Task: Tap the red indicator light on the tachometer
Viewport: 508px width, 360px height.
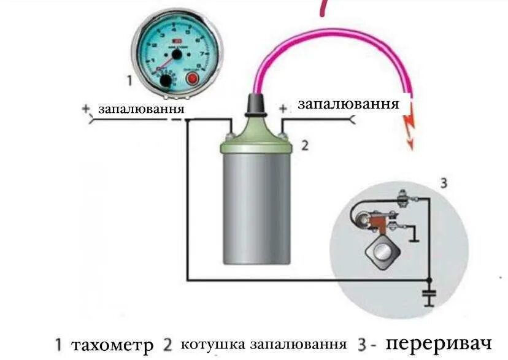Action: [192, 79]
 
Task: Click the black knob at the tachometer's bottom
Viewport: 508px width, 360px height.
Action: [166, 82]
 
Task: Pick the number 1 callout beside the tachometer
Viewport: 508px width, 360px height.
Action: [129, 80]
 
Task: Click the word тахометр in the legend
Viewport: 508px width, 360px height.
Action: [112, 345]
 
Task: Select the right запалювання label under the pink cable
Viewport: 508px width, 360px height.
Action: [348, 104]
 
